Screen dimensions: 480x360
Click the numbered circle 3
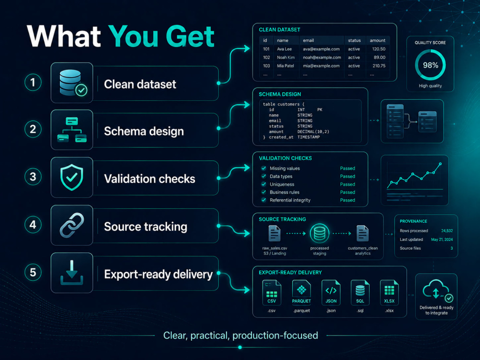click(x=33, y=177)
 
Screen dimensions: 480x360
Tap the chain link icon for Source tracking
click(x=72, y=225)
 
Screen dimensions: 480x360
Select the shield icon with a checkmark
click(x=72, y=177)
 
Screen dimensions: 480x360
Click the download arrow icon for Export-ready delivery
click(x=72, y=273)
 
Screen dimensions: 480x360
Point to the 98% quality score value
click(x=431, y=65)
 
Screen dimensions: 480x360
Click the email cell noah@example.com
click(x=322, y=57)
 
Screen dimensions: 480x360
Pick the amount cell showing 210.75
click(x=379, y=66)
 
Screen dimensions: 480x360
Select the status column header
click(x=354, y=40)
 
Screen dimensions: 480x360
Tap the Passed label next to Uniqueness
click(x=348, y=184)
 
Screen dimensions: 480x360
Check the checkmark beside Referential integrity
click(x=264, y=200)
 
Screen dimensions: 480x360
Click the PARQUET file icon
click(x=301, y=293)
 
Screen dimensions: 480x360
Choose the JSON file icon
click(x=331, y=293)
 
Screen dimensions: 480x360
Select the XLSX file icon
click(x=389, y=293)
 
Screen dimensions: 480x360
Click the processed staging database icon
click(x=320, y=234)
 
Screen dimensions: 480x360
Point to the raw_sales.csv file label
click(x=275, y=248)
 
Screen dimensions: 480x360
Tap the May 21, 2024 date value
click(x=442, y=240)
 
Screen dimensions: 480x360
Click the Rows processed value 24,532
click(x=447, y=231)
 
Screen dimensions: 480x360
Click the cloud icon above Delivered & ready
click(x=436, y=289)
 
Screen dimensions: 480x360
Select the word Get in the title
click(x=190, y=36)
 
